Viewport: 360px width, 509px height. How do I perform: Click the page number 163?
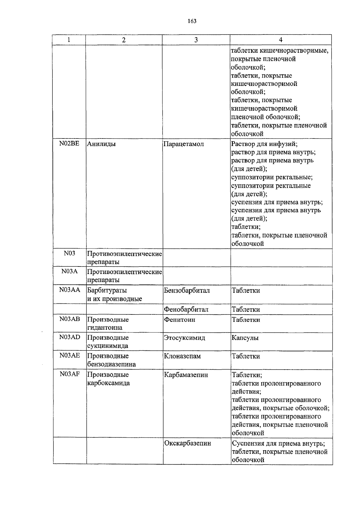[192, 21]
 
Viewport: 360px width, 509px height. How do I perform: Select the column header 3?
[196, 40]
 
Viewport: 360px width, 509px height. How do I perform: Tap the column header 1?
[69, 40]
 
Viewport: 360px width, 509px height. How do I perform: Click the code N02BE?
[69, 144]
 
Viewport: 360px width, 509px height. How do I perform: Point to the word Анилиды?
[101, 144]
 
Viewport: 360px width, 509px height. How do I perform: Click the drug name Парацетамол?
[184, 144]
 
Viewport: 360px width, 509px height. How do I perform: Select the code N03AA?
[69, 290]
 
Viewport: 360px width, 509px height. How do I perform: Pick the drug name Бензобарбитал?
[187, 290]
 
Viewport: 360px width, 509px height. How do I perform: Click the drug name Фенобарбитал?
[186, 309]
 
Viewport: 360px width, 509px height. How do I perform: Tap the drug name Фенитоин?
[179, 320]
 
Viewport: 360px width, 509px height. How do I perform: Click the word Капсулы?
[245, 338]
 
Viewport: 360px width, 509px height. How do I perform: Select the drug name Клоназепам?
[182, 356]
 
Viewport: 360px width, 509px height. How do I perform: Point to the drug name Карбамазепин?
[186, 375]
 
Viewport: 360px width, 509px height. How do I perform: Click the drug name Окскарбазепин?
[187, 443]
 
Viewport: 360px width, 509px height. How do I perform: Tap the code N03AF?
[69, 374]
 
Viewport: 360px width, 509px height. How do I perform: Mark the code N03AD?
[69, 337]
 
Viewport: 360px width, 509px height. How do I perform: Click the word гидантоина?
[105, 328]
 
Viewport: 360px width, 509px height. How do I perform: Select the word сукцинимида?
[107, 346]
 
